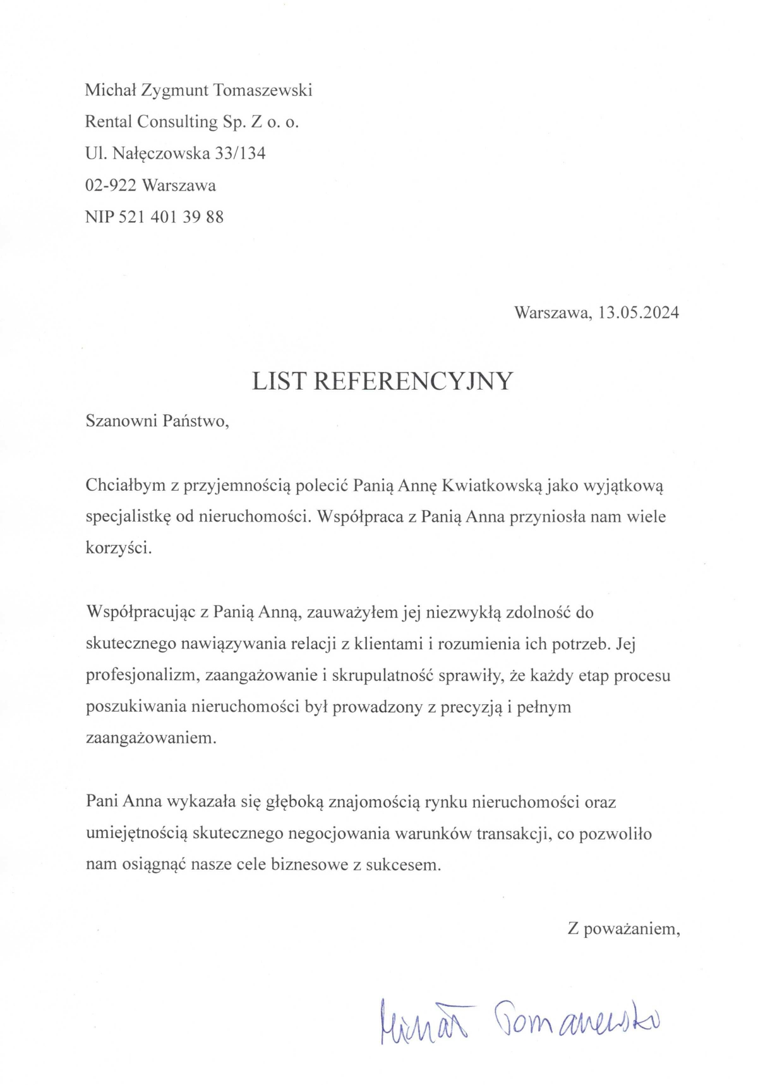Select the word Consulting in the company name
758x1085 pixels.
tap(177, 122)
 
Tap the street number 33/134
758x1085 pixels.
tap(240, 153)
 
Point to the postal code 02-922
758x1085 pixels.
tap(111, 186)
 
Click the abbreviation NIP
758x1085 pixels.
tap(100, 217)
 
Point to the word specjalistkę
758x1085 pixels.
tap(128, 517)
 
